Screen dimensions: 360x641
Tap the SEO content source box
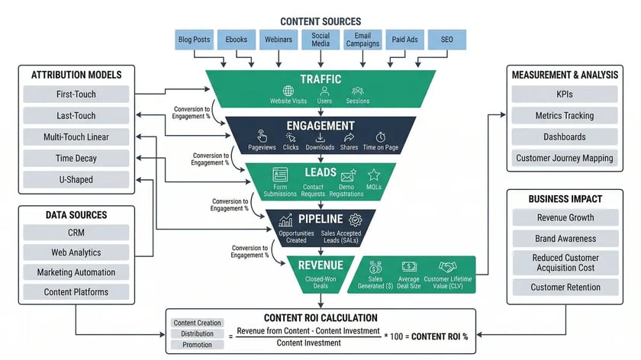pos(447,40)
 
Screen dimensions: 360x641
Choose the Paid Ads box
pos(405,40)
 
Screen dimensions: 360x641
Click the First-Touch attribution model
pos(76,95)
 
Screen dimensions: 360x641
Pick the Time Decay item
pos(76,159)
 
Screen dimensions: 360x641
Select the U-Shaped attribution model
pos(76,180)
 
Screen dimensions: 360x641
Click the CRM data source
pos(76,232)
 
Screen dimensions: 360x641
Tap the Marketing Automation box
pos(76,272)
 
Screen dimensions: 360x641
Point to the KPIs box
pos(565,95)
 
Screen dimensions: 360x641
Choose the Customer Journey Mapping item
pos(565,159)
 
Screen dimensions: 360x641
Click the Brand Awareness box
pos(565,239)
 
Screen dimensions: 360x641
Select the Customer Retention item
pos(565,288)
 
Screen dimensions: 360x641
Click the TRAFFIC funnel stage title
pos(320,79)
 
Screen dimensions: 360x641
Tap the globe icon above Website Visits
pos(288,91)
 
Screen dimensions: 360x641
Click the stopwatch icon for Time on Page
pos(381,137)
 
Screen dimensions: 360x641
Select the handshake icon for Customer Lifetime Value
pos(446,267)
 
